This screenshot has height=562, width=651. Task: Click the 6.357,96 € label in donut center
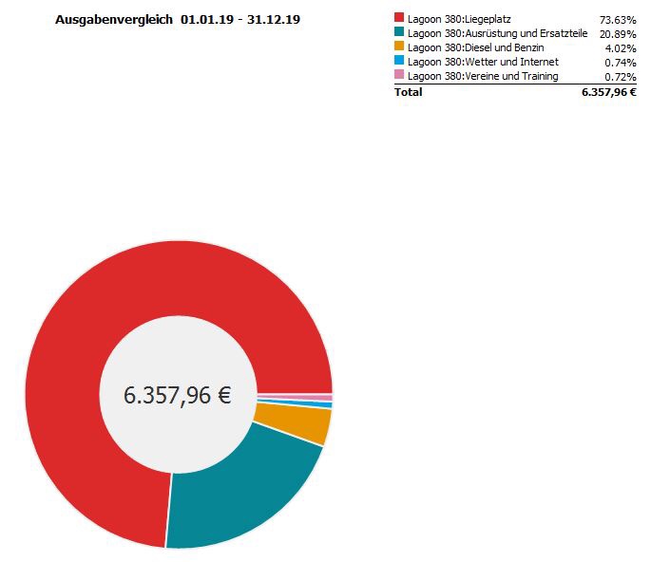point(178,395)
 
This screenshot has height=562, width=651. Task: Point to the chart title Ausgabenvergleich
point(114,19)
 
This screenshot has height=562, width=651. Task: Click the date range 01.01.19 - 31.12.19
point(240,19)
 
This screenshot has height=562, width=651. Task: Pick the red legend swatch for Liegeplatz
point(399,18)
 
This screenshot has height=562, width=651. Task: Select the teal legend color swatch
point(399,32)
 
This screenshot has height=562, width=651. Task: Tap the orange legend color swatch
point(399,47)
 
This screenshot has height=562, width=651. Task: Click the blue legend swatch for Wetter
point(399,61)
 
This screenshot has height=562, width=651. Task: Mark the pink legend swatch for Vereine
point(399,75)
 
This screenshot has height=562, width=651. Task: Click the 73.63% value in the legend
point(618,19)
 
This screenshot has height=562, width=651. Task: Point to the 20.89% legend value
point(618,33)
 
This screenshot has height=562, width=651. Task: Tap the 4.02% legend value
point(621,47)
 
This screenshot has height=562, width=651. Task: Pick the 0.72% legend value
point(621,76)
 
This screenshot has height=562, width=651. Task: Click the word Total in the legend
point(409,92)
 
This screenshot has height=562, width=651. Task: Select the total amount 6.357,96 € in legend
point(608,92)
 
